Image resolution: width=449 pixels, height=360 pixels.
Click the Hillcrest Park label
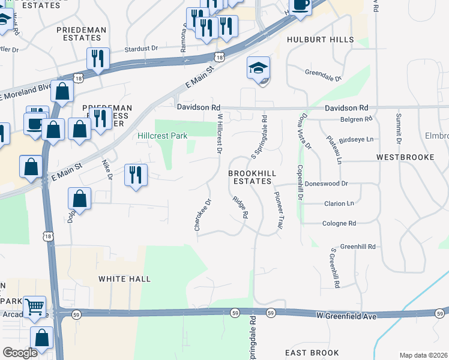click(x=163, y=136)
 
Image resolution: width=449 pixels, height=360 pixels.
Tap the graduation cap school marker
click(x=258, y=68)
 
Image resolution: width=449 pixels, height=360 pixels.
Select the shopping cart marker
click(x=35, y=307)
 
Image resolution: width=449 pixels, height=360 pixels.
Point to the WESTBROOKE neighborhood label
click(x=405, y=157)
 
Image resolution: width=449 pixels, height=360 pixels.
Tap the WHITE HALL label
click(x=125, y=279)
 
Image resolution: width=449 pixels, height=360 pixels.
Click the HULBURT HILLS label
click(x=321, y=40)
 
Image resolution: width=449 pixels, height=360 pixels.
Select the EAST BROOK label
click(x=312, y=352)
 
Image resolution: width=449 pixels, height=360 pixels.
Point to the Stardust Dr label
click(x=141, y=48)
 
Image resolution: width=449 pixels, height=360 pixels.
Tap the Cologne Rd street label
click(x=339, y=223)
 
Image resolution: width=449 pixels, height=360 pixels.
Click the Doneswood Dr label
click(x=326, y=184)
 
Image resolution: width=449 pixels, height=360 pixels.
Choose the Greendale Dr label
click(x=323, y=77)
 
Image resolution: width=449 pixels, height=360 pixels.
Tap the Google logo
click(x=20, y=353)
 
